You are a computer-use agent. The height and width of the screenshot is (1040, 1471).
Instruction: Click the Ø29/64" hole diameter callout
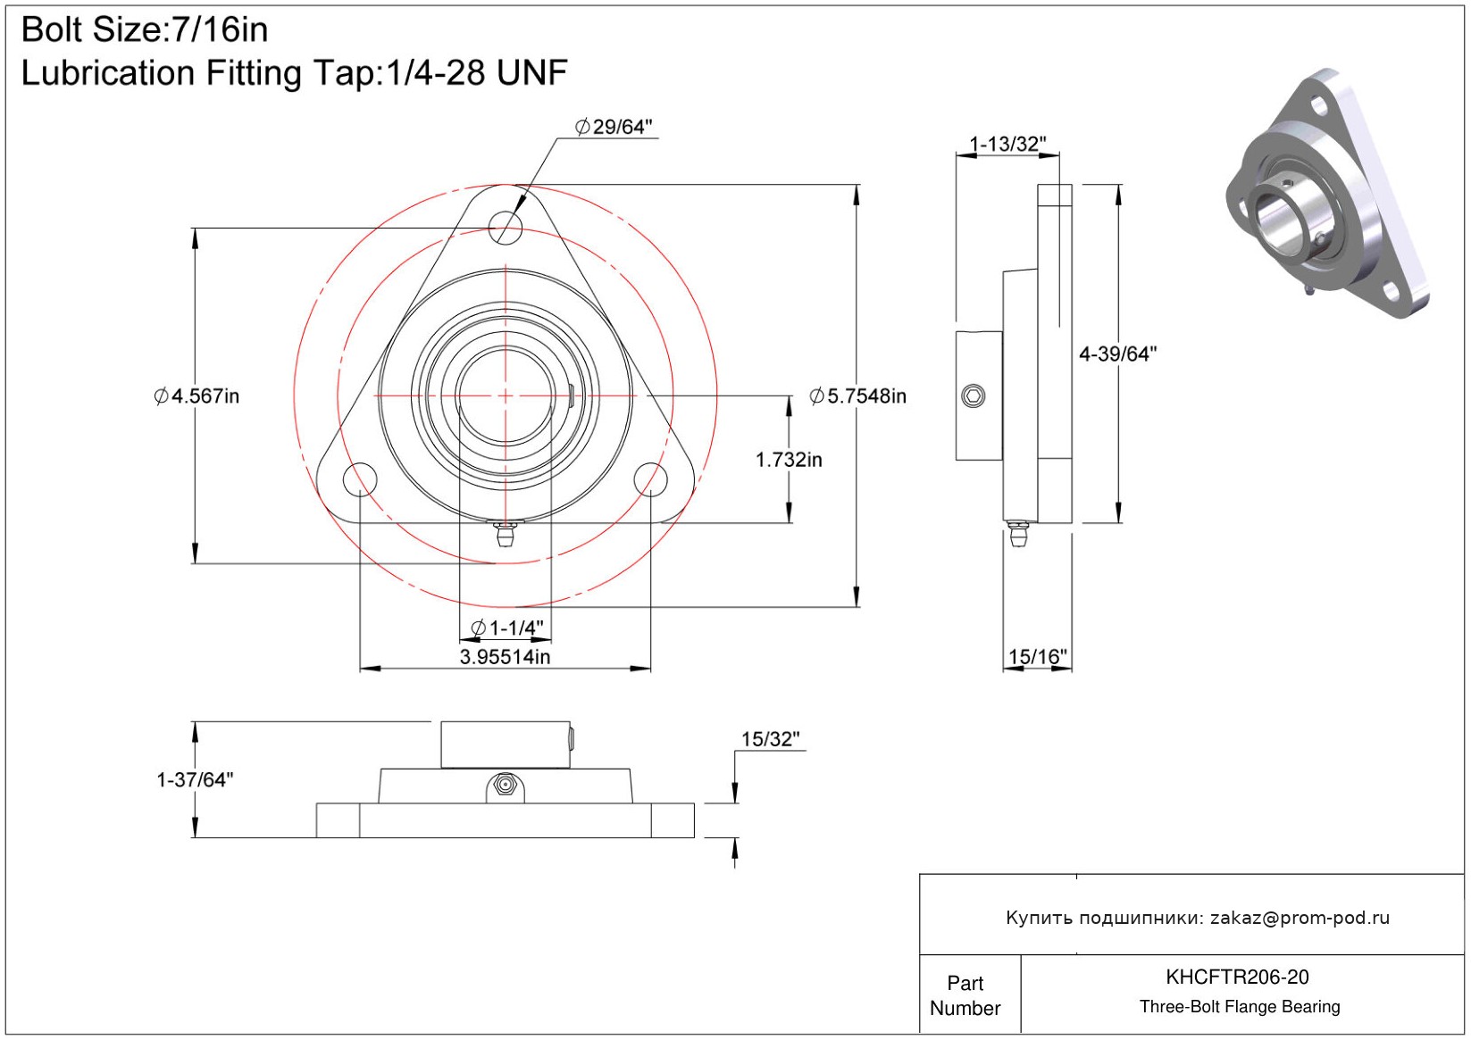click(x=614, y=127)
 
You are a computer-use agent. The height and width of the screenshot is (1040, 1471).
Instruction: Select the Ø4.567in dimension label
click(x=196, y=395)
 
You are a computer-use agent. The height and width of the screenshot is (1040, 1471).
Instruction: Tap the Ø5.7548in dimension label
click(x=857, y=395)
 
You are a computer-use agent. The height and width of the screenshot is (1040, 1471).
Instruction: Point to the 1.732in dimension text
click(x=789, y=460)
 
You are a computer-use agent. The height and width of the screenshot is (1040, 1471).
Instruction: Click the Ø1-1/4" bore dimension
click(x=506, y=628)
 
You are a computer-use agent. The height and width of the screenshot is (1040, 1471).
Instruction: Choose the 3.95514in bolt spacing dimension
click(x=505, y=657)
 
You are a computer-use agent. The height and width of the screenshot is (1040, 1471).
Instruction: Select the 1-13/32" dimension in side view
click(x=1007, y=144)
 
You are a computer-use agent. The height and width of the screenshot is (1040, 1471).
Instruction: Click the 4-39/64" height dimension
click(x=1117, y=354)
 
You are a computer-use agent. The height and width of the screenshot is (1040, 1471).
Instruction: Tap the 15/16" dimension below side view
click(x=1037, y=657)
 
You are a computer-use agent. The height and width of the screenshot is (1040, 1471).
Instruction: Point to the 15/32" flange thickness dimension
click(x=770, y=739)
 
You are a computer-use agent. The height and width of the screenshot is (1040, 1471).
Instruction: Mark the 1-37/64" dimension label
click(x=195, y=779)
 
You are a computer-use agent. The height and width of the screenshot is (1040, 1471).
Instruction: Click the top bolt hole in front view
click(x=506, y=226)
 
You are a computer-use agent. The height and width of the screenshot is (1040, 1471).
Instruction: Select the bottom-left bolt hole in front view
click(x=360, y=478)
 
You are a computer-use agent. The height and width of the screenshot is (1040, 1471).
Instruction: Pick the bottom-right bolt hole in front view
click(x=650, y=478)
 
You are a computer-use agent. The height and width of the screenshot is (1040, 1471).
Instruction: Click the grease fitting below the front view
click(x=506, y=536)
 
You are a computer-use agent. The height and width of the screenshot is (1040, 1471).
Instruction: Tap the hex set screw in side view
click(x=974, y=395)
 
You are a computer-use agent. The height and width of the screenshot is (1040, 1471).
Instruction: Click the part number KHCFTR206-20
click(x=1237, y=977)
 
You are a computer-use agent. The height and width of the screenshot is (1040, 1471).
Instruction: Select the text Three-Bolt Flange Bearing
click(x=1240, y=1007)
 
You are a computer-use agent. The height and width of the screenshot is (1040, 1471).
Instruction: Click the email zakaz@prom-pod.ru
click(x=1300, y=918)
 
